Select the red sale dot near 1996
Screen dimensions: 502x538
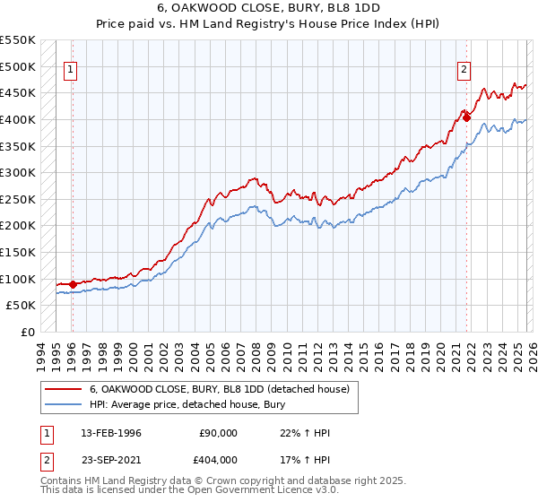click(x=73, y=284)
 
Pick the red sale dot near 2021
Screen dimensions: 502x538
click(x=466, y=117)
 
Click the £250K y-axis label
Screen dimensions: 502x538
click(x=19, y=199)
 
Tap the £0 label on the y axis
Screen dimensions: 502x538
click(x=28, y=332)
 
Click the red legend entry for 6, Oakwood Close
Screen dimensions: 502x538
click(x=224, y=389)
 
